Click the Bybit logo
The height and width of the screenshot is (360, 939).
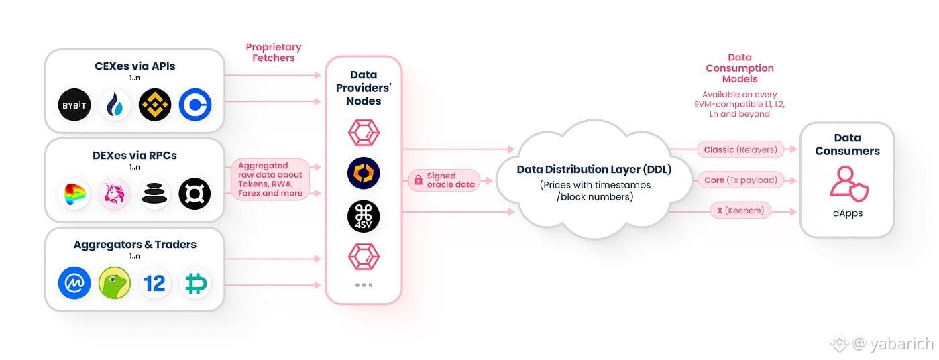[x=74, y=105]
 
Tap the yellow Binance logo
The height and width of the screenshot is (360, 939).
[x=155, y=105]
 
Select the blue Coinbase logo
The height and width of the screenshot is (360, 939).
[x=195, y=105]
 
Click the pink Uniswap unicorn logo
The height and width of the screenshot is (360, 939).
[x=115, y=194]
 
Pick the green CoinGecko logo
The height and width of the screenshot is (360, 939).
[x=115, y=283]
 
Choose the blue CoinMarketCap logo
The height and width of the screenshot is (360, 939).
[x=74, y=283]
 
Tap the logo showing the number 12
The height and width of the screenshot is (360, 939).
[x=155, y=283]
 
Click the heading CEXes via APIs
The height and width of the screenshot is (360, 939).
[x=135, y=66]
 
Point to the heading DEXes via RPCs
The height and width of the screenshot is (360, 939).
[x=135, y=155]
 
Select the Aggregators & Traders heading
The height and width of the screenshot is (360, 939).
[x=135, y=245]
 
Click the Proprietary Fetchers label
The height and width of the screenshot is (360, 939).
[x=274, y=52]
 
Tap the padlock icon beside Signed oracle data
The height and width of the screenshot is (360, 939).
[x=418, y=180]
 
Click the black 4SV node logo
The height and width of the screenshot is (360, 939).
[x=364, y=216]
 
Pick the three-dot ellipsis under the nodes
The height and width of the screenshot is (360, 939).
[x=364, y=285]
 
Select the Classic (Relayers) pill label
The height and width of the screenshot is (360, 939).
[x=740, y=149]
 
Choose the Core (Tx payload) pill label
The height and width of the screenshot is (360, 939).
[x=740, y=180]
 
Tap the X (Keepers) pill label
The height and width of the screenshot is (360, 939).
[x=740, y=211]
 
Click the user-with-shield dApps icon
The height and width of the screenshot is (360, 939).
[x=848, y=182]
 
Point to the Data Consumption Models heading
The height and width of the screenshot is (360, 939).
[x=740, y=68]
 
